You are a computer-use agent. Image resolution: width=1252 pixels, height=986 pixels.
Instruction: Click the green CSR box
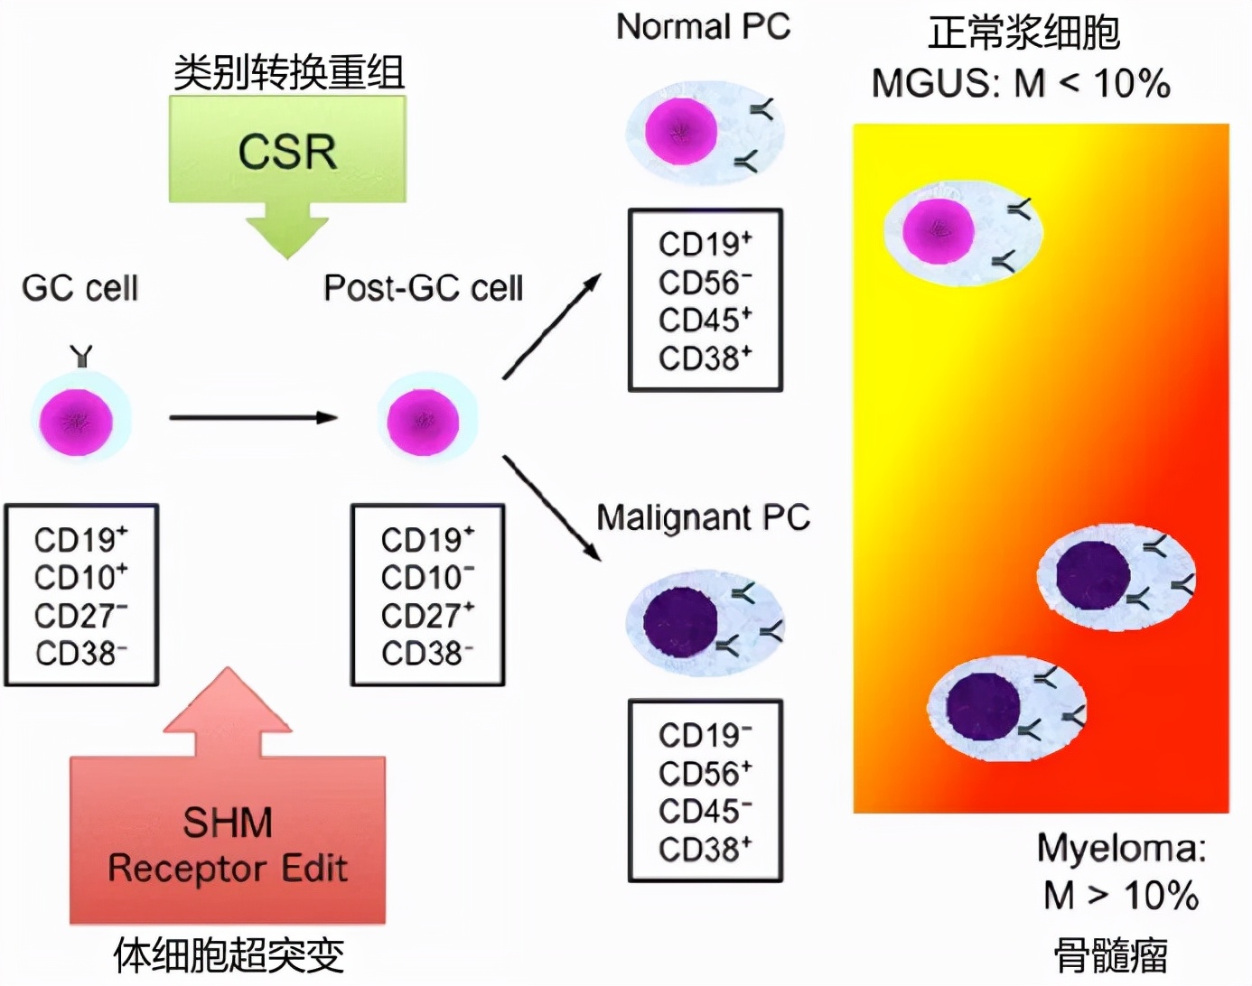[287, 150]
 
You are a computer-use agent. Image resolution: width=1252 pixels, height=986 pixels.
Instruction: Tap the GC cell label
[80, 288]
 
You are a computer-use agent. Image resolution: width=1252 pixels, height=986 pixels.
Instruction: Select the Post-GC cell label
[423, 288]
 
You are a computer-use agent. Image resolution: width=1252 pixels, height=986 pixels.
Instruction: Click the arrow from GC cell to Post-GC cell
[253, 417]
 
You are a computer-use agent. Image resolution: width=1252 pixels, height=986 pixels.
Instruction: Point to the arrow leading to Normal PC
[551, 326]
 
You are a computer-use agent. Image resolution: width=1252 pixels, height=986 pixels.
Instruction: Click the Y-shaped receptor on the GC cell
[81, 356]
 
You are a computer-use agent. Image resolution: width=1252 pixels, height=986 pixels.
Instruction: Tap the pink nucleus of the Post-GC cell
[423, 421]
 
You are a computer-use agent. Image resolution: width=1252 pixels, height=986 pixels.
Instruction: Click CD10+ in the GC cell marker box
[80, 577]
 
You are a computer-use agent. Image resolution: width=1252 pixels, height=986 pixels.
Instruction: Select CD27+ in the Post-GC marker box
[427, 615]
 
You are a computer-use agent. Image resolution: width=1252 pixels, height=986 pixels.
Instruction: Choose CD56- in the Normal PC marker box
[705, 283]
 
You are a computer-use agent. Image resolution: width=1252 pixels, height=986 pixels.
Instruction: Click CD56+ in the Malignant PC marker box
[705, 773]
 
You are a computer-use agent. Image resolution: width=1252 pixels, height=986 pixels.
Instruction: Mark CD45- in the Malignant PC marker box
[705, 811]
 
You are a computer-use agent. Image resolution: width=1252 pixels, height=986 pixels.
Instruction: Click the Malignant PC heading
[703, 517]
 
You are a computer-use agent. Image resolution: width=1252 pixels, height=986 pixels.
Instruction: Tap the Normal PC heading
[703, 27]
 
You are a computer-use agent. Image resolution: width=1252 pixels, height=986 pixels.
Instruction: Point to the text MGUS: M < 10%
[1021, 84]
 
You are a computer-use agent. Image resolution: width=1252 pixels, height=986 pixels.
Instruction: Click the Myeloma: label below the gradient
[1121, 849]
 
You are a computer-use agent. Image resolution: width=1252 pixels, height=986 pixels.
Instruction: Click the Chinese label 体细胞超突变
[229, 955]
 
